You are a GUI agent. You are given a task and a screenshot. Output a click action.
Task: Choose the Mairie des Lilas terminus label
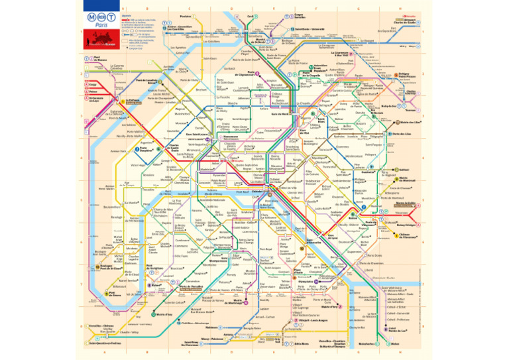[x=412, y=122]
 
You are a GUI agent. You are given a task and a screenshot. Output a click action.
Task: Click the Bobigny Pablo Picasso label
[x=406, y=76]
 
